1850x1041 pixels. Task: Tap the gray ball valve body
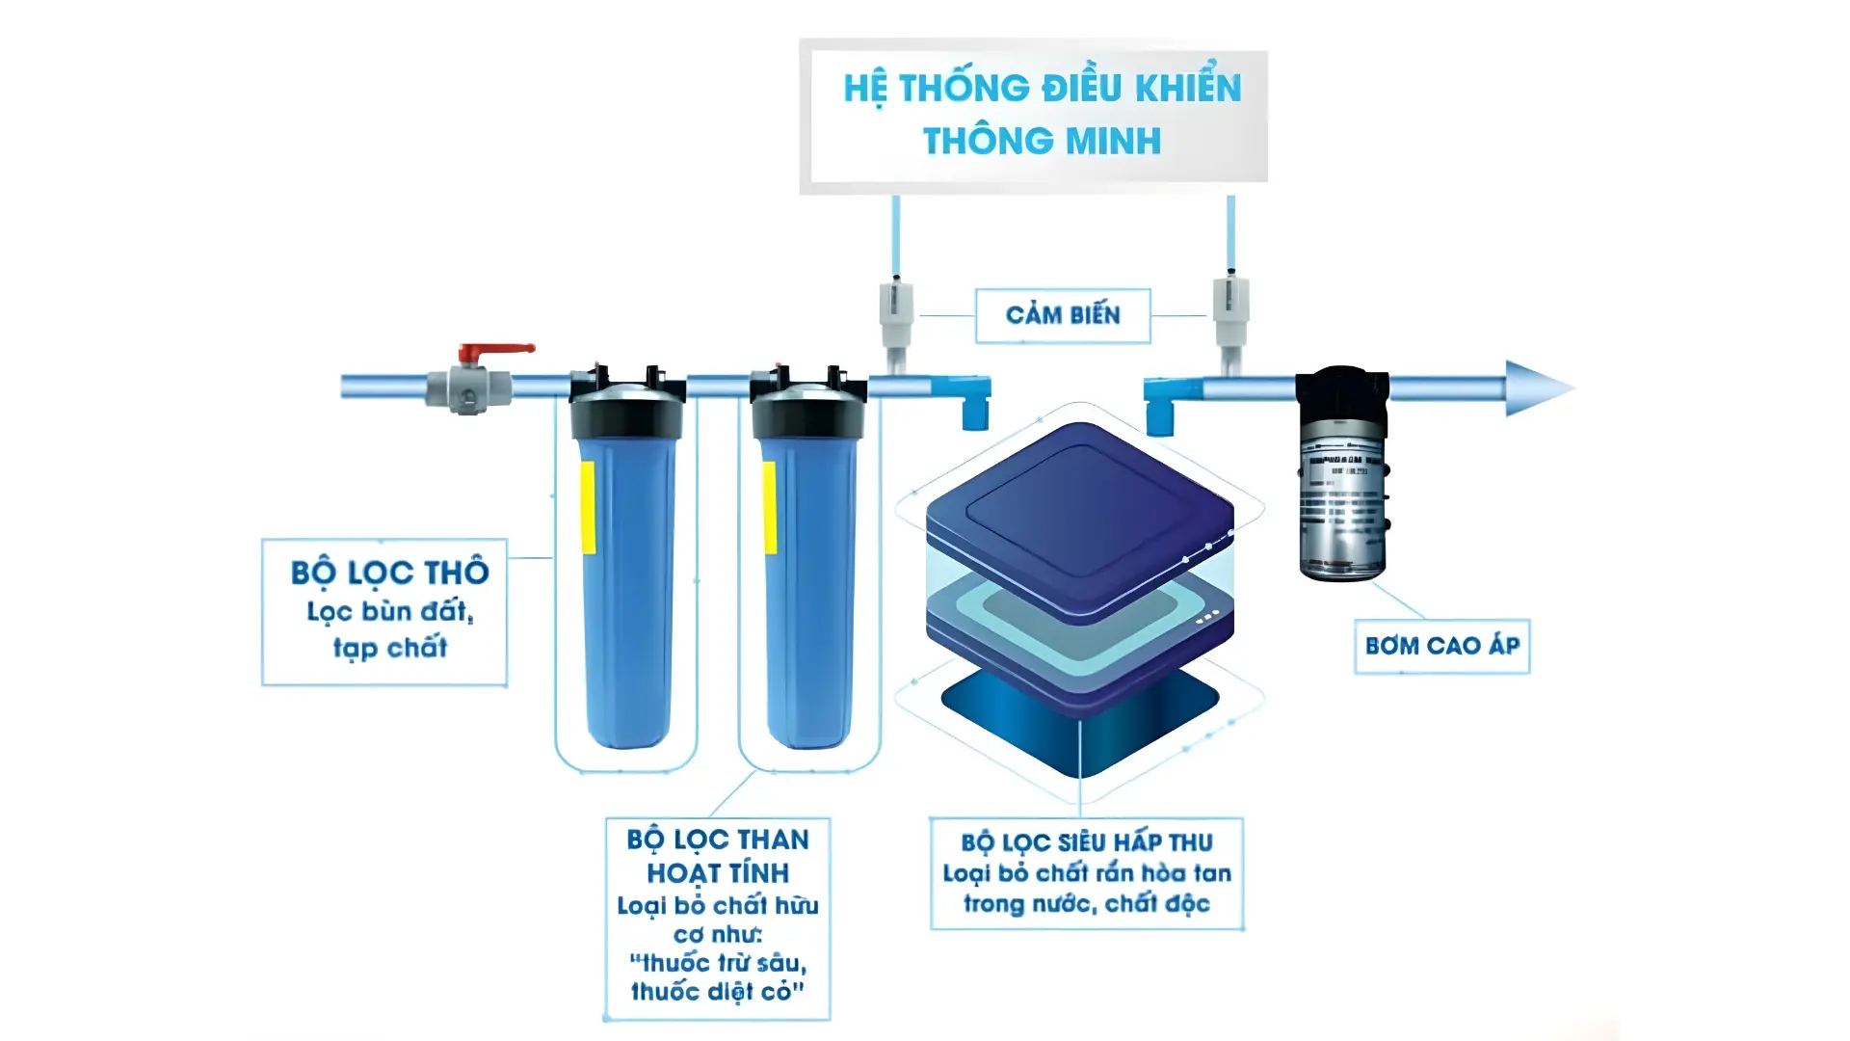point(469,388)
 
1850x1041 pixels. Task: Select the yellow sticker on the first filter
point(587,507)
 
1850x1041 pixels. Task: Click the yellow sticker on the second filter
point(769,507)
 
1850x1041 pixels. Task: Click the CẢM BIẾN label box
point(1063,315)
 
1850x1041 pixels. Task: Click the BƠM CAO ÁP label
point(1441,646)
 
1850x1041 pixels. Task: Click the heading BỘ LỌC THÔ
point(390,573)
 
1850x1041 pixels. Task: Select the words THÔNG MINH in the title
point(1042,142)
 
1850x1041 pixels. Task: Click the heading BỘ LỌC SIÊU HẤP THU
point(1087,842)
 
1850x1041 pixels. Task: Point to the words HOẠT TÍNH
point(718,873)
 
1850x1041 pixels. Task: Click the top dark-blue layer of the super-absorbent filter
point(1079,511)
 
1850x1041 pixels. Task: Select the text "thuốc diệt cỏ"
point(717,992)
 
